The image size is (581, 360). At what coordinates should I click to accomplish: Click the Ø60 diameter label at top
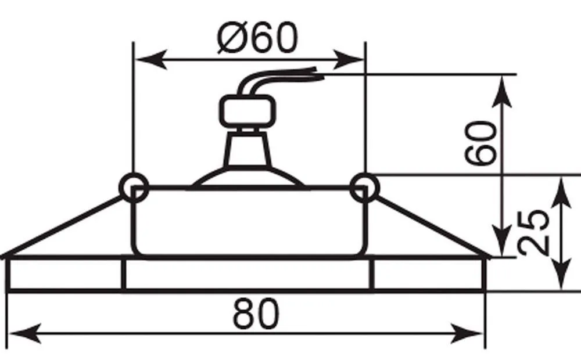point(257,38)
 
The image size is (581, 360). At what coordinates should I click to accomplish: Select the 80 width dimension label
point(256,314)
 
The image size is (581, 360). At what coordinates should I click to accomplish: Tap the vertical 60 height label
point(481,142)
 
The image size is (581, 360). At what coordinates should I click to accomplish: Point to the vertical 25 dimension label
point(533,233)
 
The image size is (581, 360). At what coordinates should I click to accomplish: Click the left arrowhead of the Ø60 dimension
point(151,59)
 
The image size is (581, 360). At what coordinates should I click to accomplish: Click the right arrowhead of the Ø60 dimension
point(348,59)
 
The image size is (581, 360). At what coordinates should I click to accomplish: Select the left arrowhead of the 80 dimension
point(24,334)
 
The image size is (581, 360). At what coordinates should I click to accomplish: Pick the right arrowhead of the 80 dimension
point(467,334)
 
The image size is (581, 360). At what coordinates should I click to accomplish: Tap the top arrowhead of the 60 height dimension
point(503,92)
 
